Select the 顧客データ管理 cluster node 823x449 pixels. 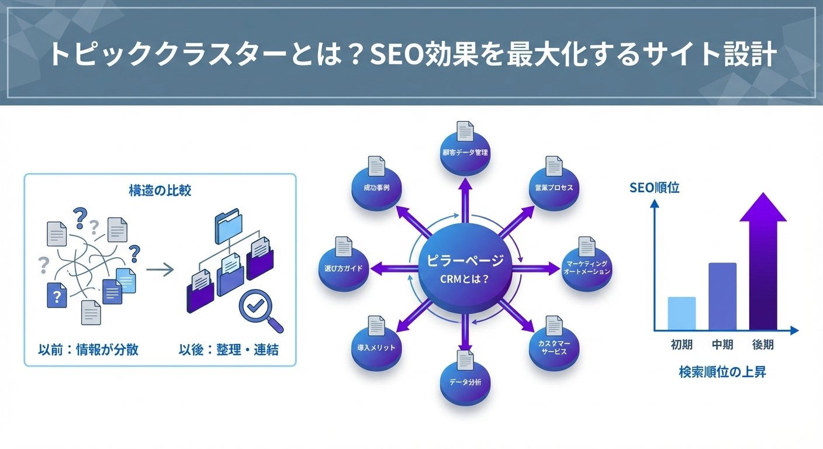click(465, 153)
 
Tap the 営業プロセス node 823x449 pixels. click(554, 188)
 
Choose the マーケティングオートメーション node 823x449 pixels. click(587, 268)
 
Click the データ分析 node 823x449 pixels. click(465, 382)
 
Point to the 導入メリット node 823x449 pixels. click(376, 348)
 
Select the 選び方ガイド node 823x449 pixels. click(343, 268)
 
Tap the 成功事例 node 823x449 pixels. click(376, 188)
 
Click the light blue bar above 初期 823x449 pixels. click(682, 313)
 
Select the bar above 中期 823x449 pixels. click(722, 296)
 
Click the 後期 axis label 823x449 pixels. click(763, 345)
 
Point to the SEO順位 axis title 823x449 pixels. click(655, 189)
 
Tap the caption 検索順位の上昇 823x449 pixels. click(722, 372)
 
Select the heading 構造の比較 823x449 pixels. click(160, 190)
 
